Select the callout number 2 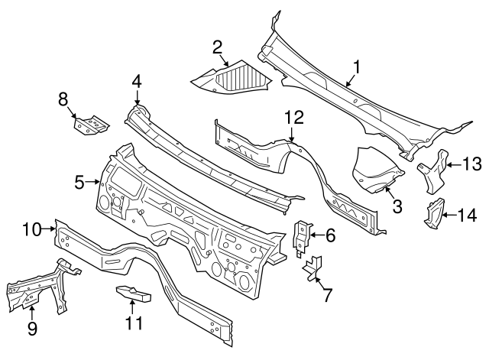217,47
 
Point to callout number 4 137,81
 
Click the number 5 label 79,182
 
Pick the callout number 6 330,236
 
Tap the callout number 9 31,329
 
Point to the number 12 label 294,117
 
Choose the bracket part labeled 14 435,212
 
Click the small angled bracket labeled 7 313,268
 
